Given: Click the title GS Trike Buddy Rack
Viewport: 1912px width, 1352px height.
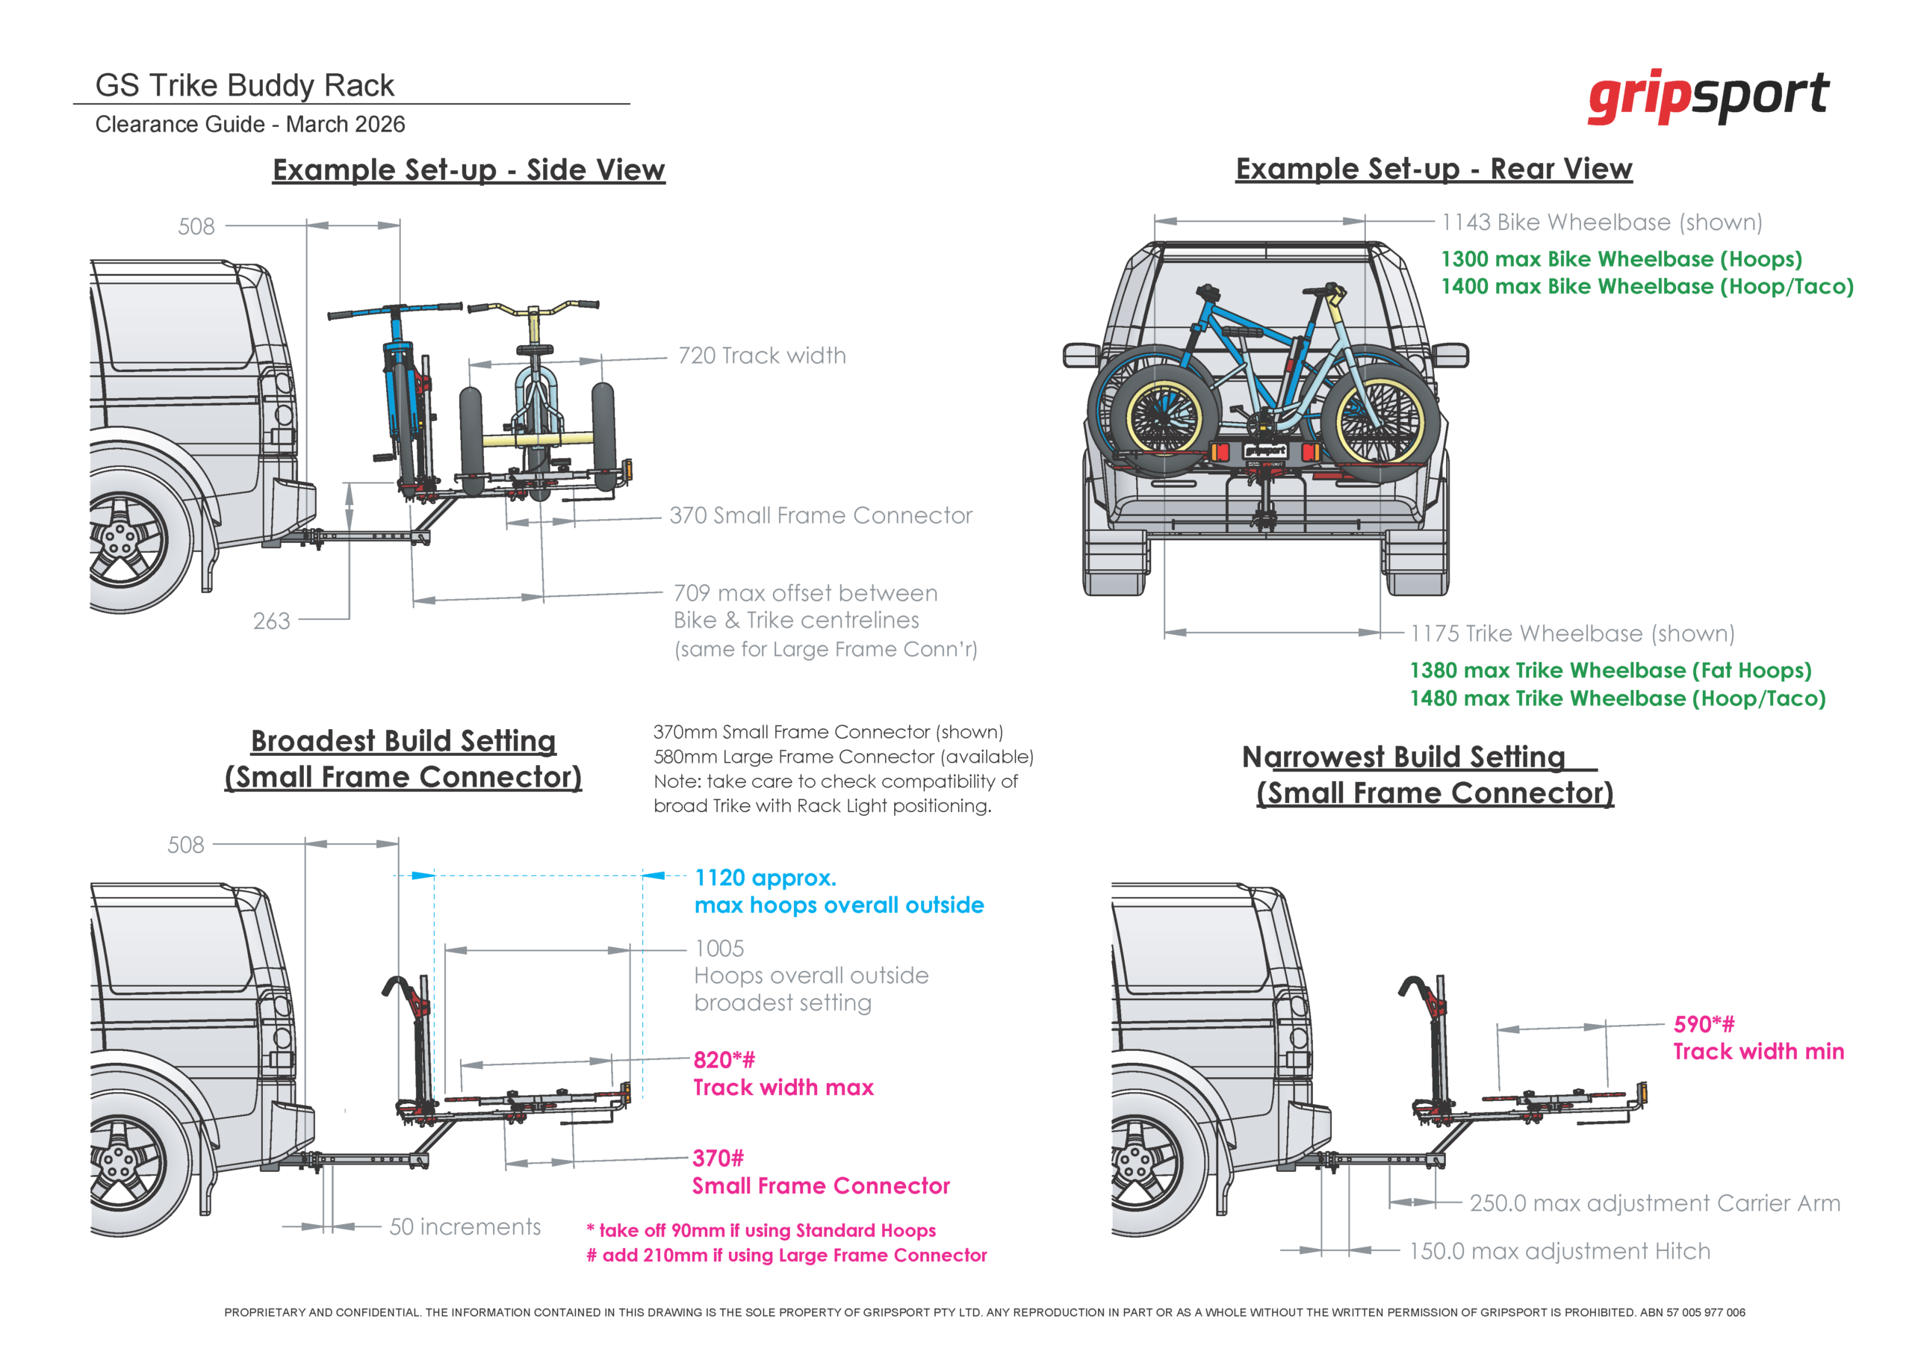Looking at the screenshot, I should [x=244, y=85].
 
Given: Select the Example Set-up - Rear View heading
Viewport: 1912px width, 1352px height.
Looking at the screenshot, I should [x=1433, y=168].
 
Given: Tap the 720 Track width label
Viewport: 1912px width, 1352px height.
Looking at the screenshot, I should [x=761, y=356].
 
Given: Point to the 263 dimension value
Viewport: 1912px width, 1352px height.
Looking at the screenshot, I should [x=271, y=621].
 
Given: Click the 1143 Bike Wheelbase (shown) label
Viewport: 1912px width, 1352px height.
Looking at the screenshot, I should [x=1601, y=223].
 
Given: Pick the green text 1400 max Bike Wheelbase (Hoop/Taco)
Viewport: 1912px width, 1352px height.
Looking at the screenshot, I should [x=1646, y=287].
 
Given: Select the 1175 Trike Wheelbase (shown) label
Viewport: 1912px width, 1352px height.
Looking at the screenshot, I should [x=1572, y=633].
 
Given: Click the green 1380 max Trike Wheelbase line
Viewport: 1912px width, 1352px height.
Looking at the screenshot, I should [x=1610, y=671].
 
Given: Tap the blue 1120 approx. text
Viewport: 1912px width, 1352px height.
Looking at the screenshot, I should [x=766, y=877].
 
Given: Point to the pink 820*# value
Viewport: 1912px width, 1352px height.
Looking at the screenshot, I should [x=724, y=1060].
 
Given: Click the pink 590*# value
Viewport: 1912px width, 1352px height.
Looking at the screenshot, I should [x=1704, y=1024].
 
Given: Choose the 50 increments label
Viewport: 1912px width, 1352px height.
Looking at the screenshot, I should [x=465, y=1227].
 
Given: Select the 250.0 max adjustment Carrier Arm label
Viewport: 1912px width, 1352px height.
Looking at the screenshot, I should [x=1654, y=1203].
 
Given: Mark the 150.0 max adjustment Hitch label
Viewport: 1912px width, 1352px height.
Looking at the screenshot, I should [x=1559, y=1250].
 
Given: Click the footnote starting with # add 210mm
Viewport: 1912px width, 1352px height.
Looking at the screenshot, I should [x=786, y=1256].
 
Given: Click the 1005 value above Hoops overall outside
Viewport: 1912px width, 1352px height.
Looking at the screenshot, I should [x=719, y=948].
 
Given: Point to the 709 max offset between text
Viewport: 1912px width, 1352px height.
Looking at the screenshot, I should [x=804, y=593].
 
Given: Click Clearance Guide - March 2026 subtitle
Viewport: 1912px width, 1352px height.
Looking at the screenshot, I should [x=249, y=124].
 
